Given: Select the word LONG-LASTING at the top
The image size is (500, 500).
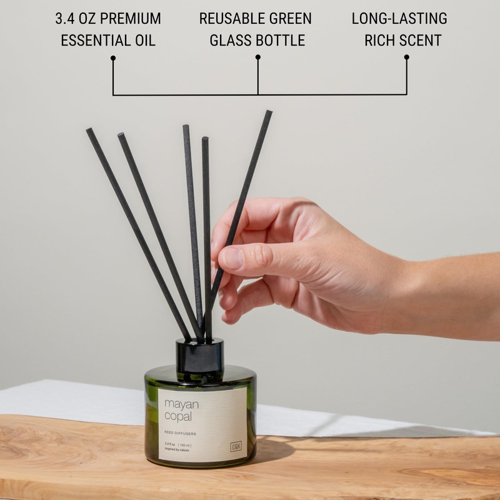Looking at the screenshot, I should point(399,19).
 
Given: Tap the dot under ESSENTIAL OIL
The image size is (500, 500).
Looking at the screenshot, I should point(113,58).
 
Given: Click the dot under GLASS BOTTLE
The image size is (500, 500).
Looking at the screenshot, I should point(257,57).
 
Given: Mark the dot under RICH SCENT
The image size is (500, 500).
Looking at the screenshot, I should point(406,57).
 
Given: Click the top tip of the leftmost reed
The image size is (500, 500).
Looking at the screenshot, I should point(89,131).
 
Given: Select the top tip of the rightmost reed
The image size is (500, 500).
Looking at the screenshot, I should point(269,113).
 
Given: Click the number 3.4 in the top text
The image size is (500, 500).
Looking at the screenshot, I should point(67,19).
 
